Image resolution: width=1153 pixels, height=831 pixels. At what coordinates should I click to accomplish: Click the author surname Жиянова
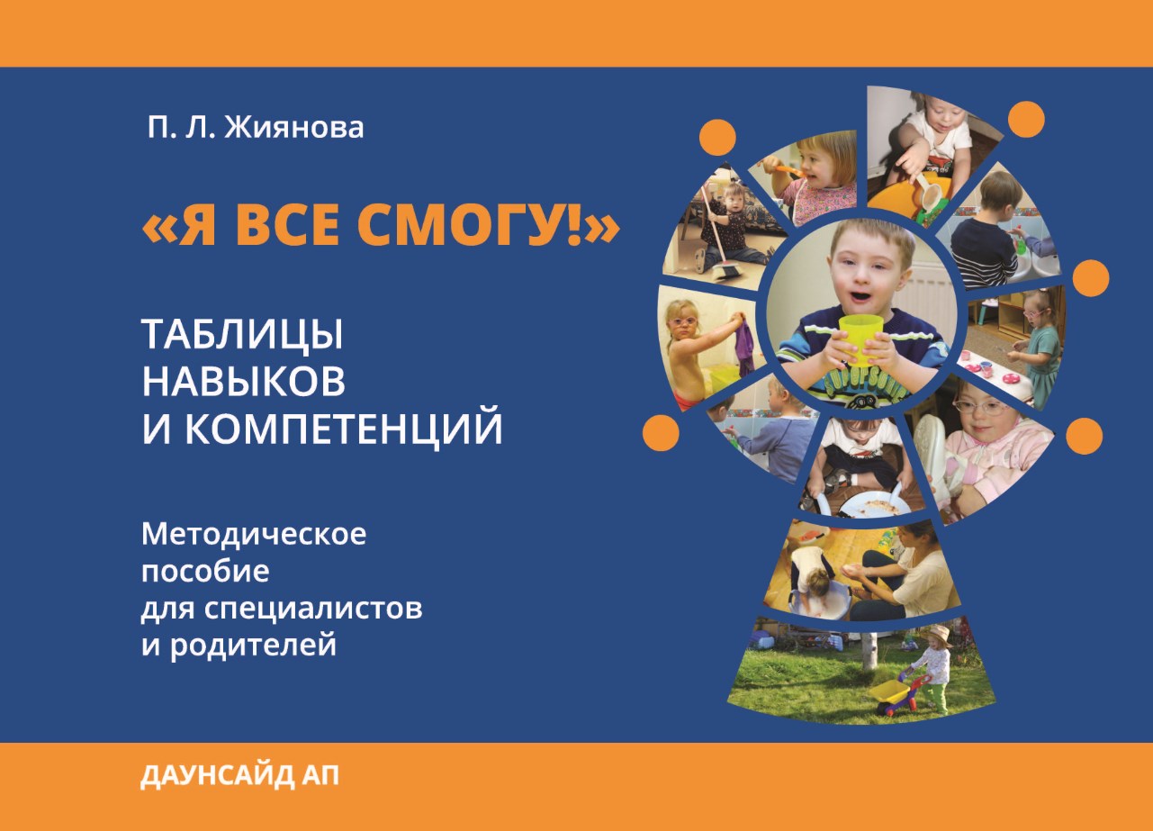(x=294, y=127)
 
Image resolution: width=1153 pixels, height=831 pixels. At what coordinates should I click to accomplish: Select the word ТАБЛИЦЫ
(x=242, y=335)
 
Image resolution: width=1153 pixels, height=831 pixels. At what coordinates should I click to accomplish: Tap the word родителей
(x=253, y=646)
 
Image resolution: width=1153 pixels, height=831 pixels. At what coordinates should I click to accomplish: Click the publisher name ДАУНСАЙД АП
(x=239, y=775)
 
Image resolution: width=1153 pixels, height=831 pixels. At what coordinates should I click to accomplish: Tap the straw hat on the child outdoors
(x=941, y=633)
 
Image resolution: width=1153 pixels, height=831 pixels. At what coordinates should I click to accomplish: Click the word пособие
(x=205, y=571)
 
